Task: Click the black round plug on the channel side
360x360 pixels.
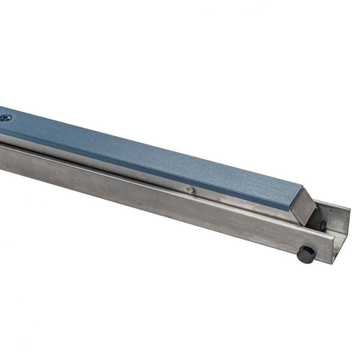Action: (306, 255)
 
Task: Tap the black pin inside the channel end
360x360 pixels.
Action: (323, 226)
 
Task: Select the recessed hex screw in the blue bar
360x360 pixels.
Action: (5, 118)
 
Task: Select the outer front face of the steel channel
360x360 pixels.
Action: (162, 202)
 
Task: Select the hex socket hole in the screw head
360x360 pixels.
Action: (5, 118)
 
